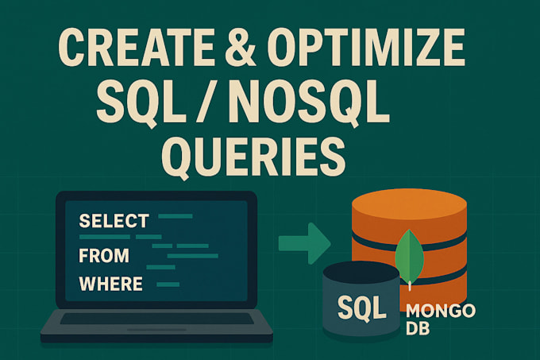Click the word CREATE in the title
pyautogui.click(x=137, y=47)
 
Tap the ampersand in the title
pyautogui.click(x=241, y=47)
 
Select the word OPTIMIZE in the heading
pyautogui.click(x=366, y=47)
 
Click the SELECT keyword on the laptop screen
pyautogui.click(x=114, y=221)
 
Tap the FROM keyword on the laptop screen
pyautogui.click(x=104, y=255)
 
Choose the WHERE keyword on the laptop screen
pyautogui.click(x=111, y=284)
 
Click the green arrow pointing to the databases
pyautogui.click(x=304, y=243)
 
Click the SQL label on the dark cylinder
pyautogui.click(x=361, y=308)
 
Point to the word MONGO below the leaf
pyautogui.click(x=441, y=311)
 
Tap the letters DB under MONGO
pyautogui.click(x=418, y=328)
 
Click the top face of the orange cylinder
pyautogui.click(x=409, y=205)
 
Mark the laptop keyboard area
pyautogui.click(x=156, y=319)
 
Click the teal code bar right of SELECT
pyautogui.click(x=175, y=216)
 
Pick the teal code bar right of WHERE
pyautogui.click(x=168, y=285)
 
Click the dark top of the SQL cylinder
pyautogui.click(x=361, y=273)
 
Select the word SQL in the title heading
pyautogui.click(x=141, y=103)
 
